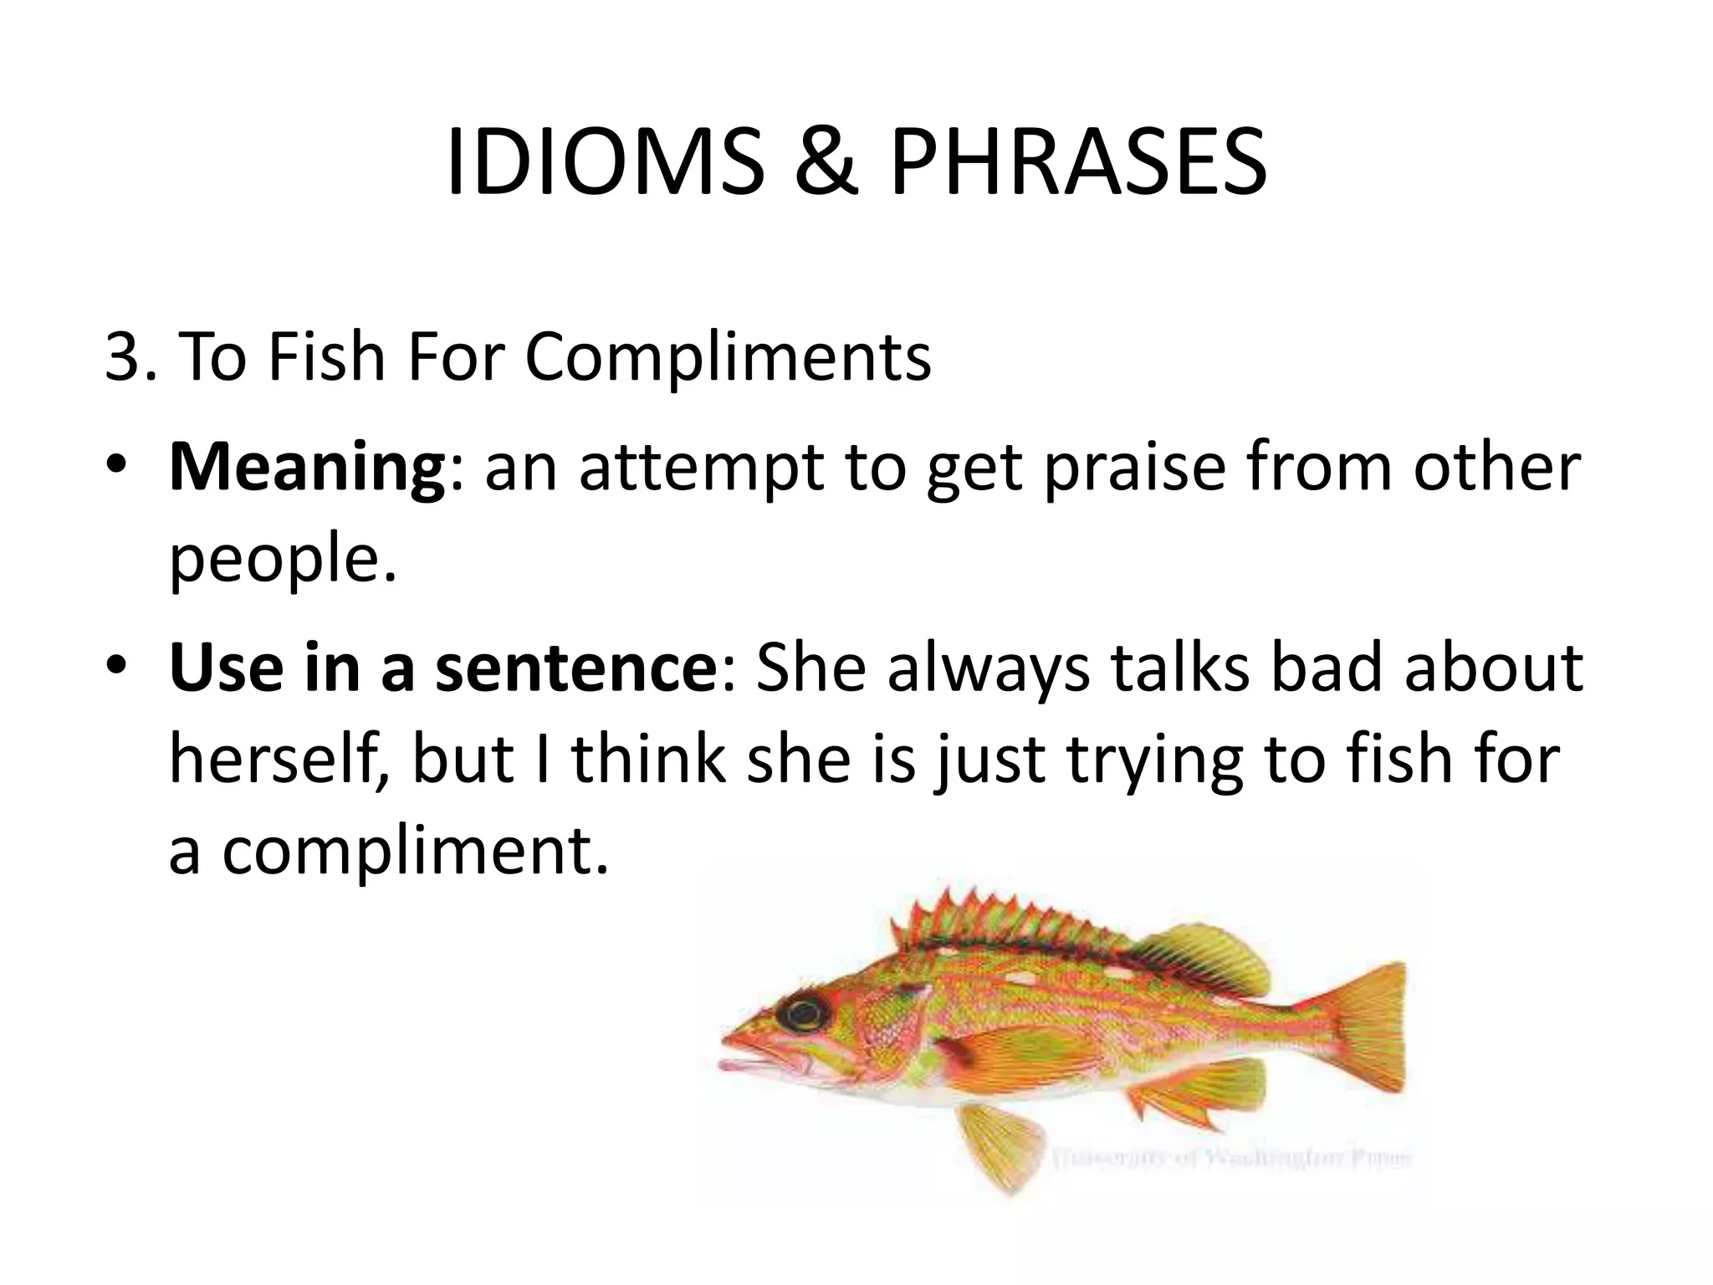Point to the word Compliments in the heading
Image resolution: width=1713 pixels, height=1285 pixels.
point(728,357)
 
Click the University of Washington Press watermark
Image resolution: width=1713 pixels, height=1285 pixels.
point(1230,1159)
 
